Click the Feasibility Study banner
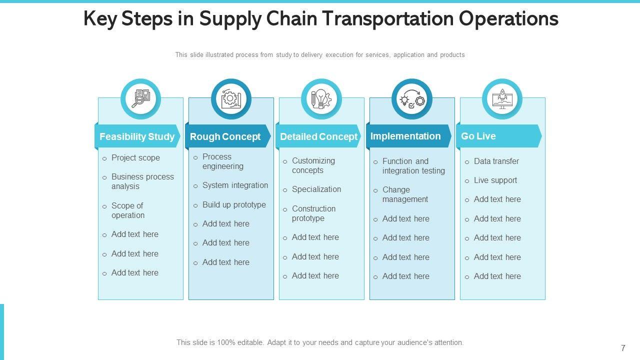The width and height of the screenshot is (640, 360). pos(137,136)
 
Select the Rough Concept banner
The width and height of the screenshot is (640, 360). pos(225,136)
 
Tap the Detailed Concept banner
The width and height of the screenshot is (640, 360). pos(318,136)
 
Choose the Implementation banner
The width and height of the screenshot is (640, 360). pos(405,136)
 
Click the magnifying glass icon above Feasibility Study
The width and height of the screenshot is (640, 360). pos(140,99)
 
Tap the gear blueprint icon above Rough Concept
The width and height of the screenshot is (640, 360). pos(231,99)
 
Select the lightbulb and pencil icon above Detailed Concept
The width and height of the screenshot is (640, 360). pos(321,99)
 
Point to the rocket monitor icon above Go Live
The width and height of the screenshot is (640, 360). pos(502,99)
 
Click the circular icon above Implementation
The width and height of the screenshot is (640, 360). pos(412,99)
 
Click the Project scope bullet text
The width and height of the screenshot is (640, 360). pos(135,157)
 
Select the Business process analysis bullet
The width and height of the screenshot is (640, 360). pos(142,181)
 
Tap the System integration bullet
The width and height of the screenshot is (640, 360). pos(235,185)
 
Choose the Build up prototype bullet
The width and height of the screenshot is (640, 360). pos(234,204)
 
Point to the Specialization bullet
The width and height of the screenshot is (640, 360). pos(316,189)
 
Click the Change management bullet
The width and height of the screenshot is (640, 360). pos(405,194)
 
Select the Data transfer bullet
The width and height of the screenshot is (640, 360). pos(496,161)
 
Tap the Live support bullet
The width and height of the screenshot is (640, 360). pos(495,180)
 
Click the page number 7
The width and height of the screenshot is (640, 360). pos(623,348)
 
